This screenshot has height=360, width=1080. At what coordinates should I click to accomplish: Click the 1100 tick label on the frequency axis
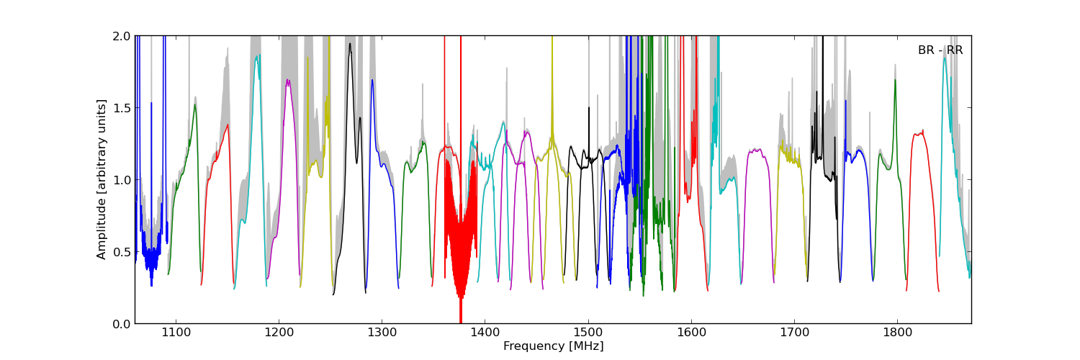pos(176,333)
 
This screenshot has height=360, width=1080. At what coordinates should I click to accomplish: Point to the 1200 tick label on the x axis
pos(279,333)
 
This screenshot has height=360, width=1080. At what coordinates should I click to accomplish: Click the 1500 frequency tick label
pos(588,333)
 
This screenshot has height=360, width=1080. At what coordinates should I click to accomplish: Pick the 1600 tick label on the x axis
pos(691,333)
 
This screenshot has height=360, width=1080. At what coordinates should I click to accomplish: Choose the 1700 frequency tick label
pos(794,333)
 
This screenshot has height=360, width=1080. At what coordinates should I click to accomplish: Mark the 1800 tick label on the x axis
pos(897,333)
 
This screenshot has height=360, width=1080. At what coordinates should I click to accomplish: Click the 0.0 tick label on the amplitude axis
pos(122,324)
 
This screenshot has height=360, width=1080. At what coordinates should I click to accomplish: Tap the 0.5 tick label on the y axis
pos(122,252)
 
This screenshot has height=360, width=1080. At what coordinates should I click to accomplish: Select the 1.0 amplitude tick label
pos(122,180)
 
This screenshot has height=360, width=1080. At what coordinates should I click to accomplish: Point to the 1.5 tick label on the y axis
pos(122,108)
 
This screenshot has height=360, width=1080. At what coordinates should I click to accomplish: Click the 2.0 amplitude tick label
pos(122,36)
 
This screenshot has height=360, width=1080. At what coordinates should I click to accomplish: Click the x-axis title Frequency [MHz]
pos(553,346)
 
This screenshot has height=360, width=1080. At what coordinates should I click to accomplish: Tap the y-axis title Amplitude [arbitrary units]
pos(102,179)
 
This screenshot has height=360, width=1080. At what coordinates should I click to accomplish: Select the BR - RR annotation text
pos(940,50)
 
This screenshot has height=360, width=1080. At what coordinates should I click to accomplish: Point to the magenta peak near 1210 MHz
pos(288,81)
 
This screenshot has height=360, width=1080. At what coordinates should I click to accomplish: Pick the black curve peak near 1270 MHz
pos(350,45)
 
